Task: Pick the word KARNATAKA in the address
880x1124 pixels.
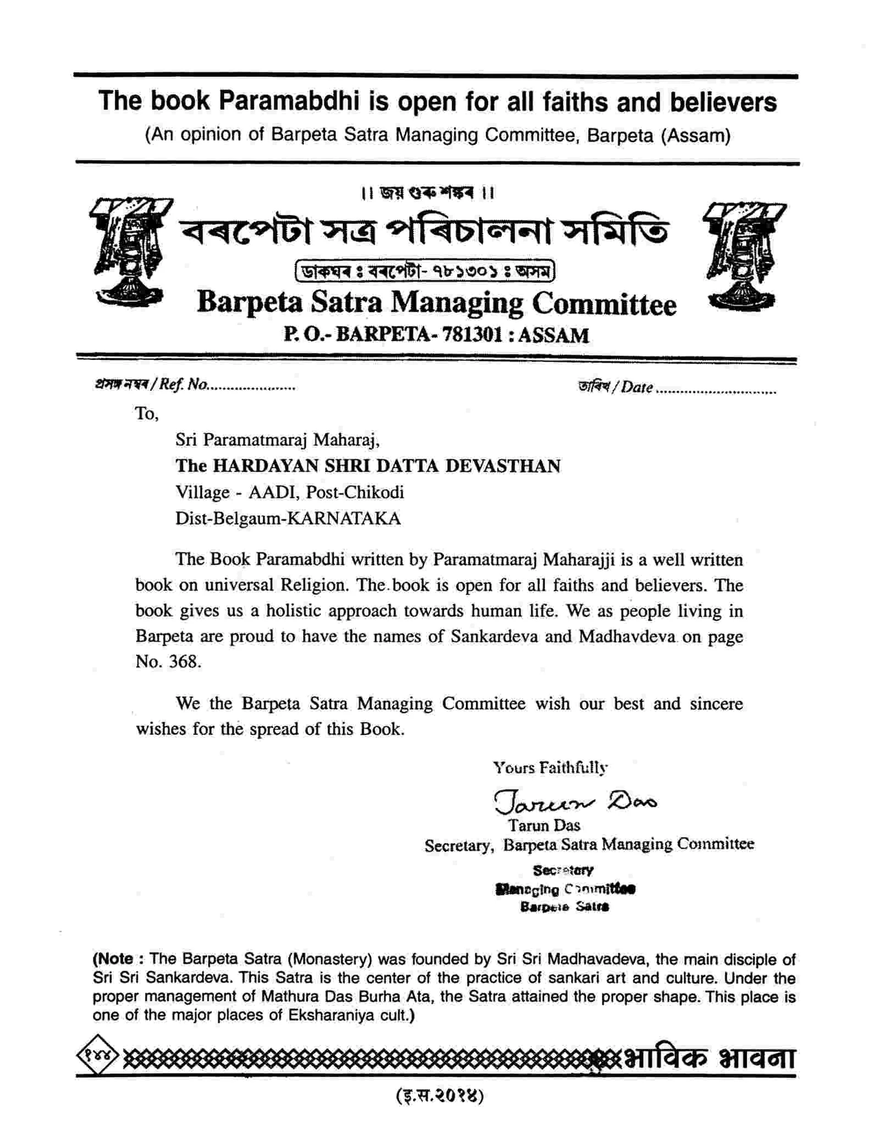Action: pos(344,518)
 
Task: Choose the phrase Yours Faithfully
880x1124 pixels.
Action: pos(550,767)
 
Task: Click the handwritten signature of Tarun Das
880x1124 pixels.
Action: pos(575,801)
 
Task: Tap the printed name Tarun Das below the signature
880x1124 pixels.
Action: pos(544,826)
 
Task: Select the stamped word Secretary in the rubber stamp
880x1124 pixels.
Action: pos(563,870)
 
